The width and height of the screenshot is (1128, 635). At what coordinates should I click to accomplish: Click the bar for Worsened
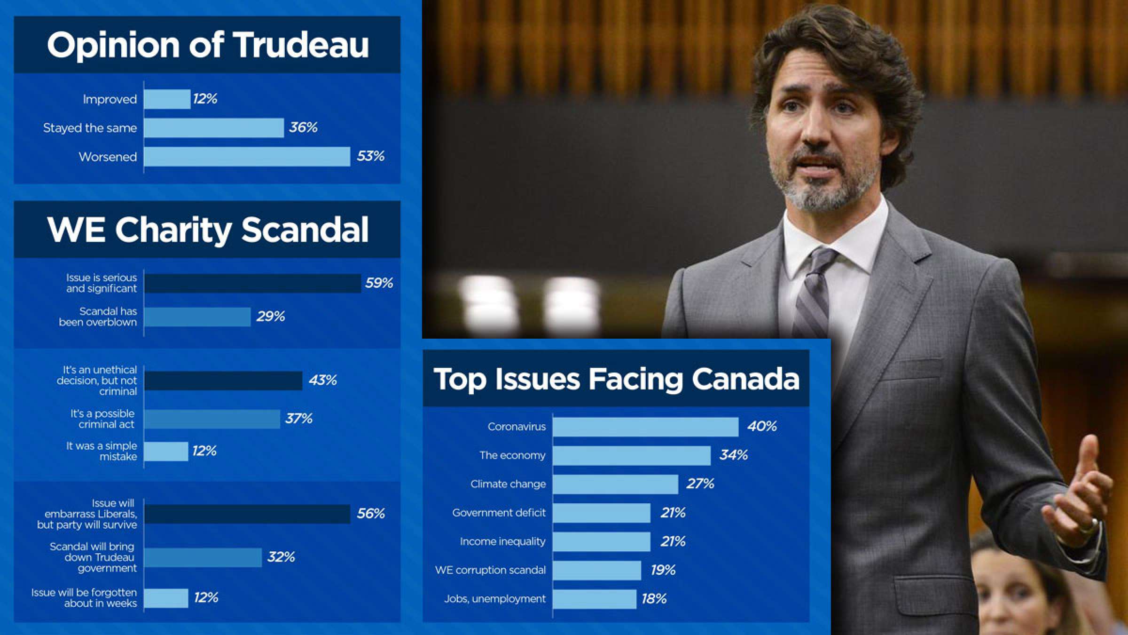click(247, 157)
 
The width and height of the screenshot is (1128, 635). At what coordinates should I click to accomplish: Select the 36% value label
click(303, 127)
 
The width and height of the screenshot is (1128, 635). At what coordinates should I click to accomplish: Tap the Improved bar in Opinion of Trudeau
click(167, 99)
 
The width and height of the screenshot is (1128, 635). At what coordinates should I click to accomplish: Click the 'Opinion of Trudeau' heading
click(207, 45)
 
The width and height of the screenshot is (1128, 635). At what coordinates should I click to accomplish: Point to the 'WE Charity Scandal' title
click(207, 230)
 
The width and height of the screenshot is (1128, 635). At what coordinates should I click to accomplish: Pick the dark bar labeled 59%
click(252, 283)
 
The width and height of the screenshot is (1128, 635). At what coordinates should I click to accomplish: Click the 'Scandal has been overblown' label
click(98, 317)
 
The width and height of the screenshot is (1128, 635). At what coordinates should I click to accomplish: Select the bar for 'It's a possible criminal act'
click(212, 419)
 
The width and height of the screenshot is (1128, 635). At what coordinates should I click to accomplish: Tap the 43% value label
click(322, 380)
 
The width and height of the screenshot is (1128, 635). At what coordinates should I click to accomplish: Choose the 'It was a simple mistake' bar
click(166, 452)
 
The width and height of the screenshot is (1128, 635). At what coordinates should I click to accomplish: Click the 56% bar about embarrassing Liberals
click(247, 514)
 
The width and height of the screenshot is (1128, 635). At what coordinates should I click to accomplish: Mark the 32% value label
click(281, 557)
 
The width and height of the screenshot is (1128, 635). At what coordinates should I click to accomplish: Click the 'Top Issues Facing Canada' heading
click(616, 379)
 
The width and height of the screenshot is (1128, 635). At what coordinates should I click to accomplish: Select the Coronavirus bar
click(645, 427)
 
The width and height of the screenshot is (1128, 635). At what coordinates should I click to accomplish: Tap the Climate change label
click(508, 484)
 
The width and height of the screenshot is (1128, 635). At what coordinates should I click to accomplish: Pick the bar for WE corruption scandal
click(596, 570)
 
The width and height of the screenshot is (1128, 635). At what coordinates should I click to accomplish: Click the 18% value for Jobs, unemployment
click(654, 599)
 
